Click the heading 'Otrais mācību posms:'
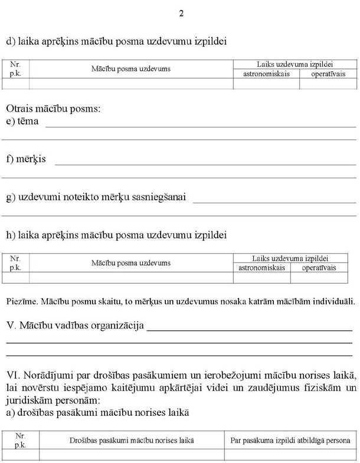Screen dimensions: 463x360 pyautogui.click(x=53, y=109)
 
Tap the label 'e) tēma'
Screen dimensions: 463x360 pyautogui.click(x=22, y=121)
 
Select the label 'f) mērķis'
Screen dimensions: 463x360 pyautogui.click(x=26, y=159)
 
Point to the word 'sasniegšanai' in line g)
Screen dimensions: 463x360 pyautogui.click(x=161, y=197)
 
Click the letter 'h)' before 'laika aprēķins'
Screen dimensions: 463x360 pyautogui.click(x=11, y=235)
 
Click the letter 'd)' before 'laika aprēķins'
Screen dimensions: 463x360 pyautogui.click(x=11, y=42)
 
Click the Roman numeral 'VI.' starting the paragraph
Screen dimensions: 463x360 pyautogui.click(x=13, y=376)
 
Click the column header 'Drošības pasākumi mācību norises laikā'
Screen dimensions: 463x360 pyautogui.click(x=132, y=441)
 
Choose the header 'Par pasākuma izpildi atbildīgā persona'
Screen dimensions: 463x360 pyautogui.click(x=288, y=441)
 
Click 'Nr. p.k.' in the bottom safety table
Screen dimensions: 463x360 pyautogui.click(x=20, y=441)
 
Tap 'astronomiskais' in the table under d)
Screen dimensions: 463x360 pyautogui.click(x=266, y=74)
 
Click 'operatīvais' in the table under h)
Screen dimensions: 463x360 pyautogui.click(x=319, y=268)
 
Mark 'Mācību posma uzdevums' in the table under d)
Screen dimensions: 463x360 pyautogui.click(x=131, y=69)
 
